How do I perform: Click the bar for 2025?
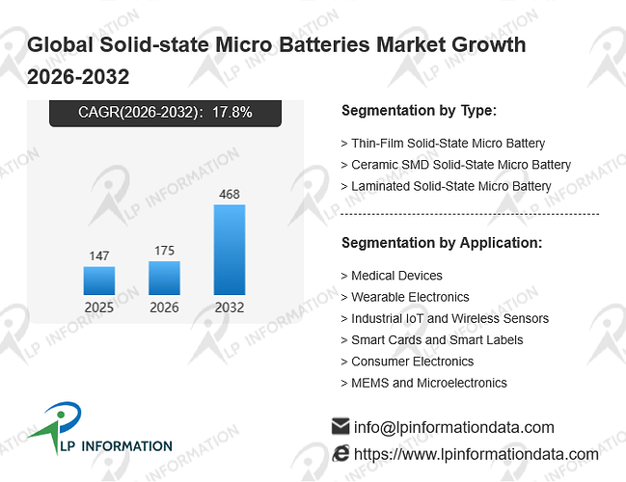99,281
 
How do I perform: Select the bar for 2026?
164,278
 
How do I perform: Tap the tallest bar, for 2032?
230,250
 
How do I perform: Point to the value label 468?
230,195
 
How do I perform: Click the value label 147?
99,255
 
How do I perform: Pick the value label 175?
164,251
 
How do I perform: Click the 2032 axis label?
230,308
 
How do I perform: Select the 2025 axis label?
99,308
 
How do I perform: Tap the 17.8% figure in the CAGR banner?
231,113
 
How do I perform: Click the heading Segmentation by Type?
420,111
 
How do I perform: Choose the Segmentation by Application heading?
442,243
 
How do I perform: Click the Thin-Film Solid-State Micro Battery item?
448,144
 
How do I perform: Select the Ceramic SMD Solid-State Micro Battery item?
461,165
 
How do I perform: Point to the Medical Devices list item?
396,276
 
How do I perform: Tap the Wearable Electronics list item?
410,297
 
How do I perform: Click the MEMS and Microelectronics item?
429,383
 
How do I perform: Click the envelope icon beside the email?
340,426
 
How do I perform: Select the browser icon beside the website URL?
340,454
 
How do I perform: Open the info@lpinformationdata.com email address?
454,427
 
